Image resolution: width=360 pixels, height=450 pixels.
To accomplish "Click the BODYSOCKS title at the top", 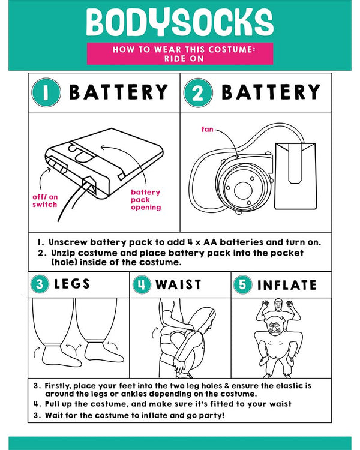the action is (180, 22).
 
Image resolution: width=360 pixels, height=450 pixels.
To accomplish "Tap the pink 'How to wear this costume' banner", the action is (180, 53).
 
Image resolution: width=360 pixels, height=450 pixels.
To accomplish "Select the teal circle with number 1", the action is (46, 92).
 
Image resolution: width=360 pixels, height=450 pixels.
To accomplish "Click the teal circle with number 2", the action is (198, 92).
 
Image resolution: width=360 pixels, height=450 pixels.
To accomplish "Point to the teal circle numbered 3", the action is (40, 284).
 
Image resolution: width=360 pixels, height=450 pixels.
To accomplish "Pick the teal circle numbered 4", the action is (142, 284).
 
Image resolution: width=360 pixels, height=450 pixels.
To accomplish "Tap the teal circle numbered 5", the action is (242, 284).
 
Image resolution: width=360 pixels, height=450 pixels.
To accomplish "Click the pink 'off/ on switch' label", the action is (45, 200).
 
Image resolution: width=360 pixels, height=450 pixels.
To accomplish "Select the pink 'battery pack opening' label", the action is (146, 200).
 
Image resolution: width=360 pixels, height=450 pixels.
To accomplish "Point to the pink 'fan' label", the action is (207, 130).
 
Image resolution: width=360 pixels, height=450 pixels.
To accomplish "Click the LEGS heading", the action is (72, 284).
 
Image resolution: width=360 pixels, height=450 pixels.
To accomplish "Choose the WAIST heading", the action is (178, 284).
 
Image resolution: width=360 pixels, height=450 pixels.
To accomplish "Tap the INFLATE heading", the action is (287, 285).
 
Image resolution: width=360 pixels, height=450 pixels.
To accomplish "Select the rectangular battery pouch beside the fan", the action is (295, 176).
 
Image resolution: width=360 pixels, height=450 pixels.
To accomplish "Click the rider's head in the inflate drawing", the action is (278, 305).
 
